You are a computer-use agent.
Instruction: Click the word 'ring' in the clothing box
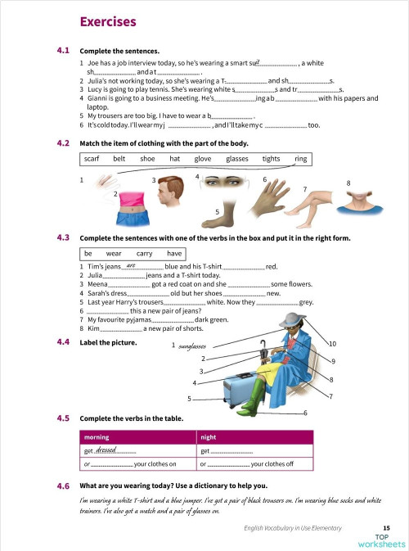(300, 159)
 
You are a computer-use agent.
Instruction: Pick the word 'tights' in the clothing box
(271, 159)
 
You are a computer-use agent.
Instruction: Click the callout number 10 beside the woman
(331, 343)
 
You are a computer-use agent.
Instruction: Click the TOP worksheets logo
(380, 540)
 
